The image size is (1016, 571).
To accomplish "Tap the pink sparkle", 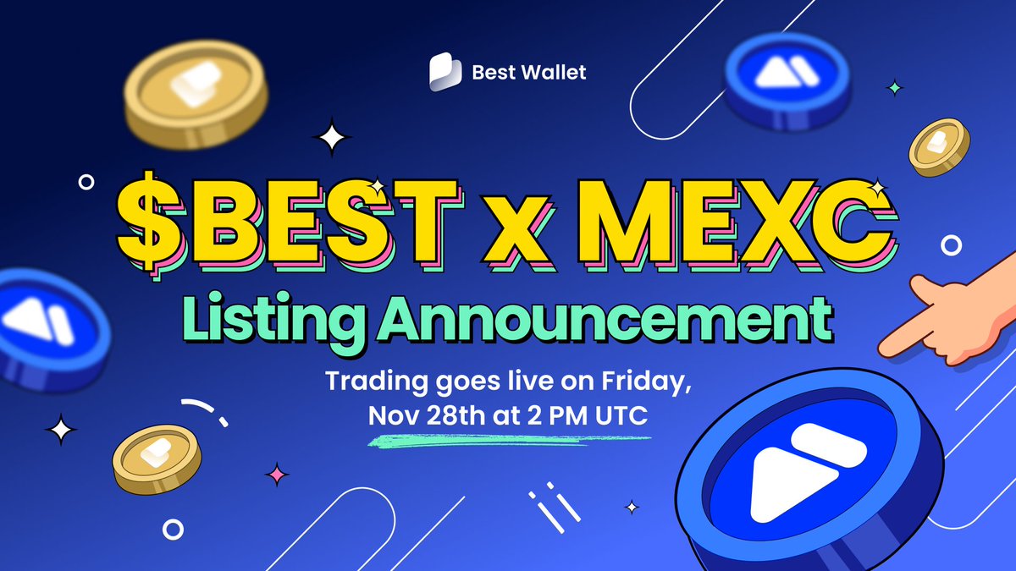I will point(276,475).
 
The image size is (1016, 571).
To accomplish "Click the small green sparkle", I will point(894,86).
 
